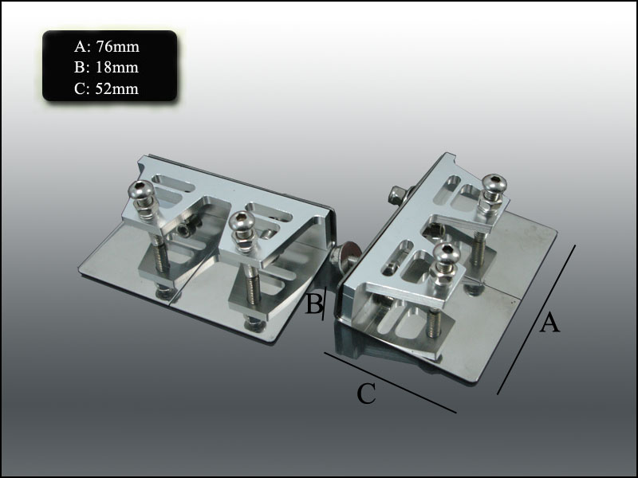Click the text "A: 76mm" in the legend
coord(107,47)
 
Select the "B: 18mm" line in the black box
coord(106,67)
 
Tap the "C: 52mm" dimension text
coord(106,88)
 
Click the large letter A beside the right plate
coord(549,323)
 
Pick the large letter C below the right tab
coord(366,394)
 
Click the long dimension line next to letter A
coord(536,319)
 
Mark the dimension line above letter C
coord(390,382)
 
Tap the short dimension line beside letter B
coord(325,304)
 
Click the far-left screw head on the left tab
coord(140,190)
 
